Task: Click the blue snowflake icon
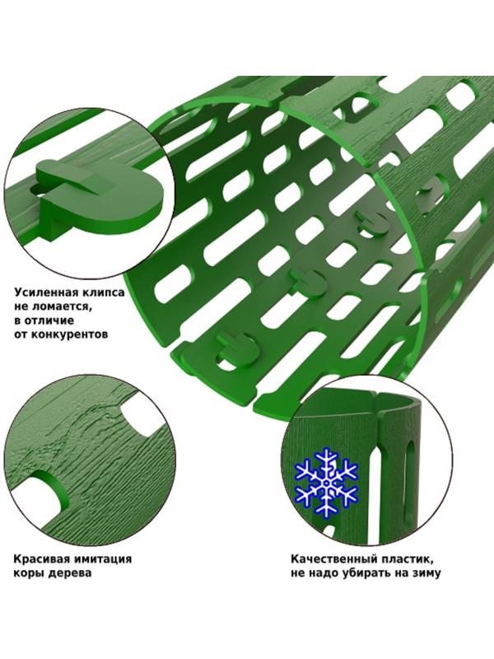[x=326, y=481]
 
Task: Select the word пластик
[x=402, y=559]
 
